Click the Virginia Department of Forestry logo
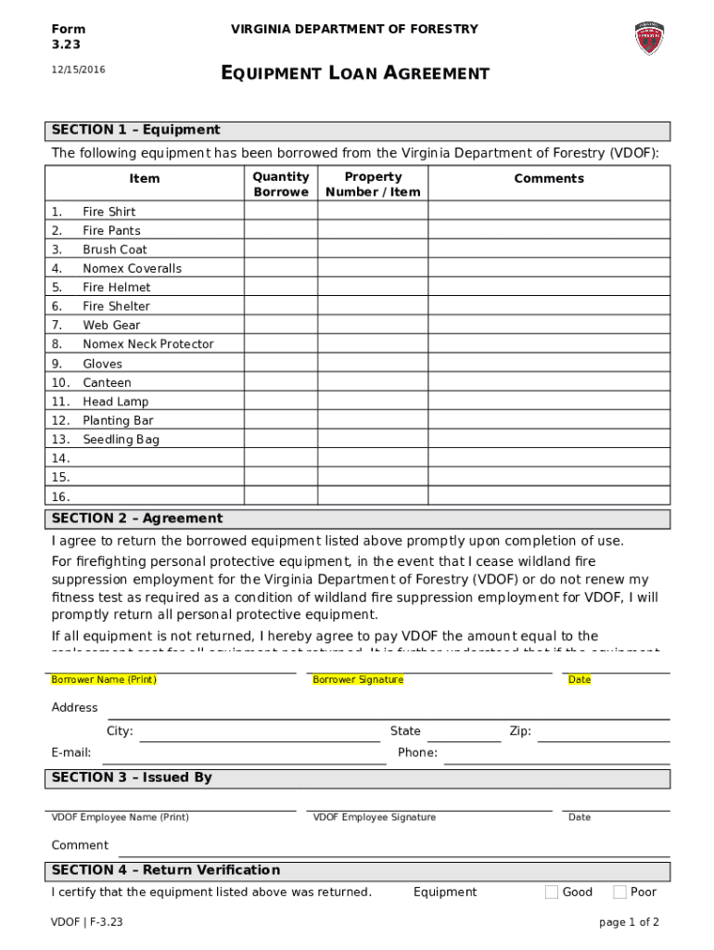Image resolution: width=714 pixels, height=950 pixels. click(x=649, y=38)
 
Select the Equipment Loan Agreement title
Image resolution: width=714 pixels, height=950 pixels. click(x=355, y=73)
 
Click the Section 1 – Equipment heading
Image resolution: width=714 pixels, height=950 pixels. click(x=136, y=130)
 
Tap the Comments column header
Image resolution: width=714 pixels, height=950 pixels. click(x=549, y=178)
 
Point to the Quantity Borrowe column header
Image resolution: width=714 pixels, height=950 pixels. click(x=281, y=184)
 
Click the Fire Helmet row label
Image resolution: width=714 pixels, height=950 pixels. click(x=116, y=287)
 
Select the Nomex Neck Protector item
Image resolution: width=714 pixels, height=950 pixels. click(x=147, y=344)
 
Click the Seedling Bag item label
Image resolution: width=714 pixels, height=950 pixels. click(x=121, y=439)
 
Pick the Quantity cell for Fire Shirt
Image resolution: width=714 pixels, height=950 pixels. click(x=281, y=212)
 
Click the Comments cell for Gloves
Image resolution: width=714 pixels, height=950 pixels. click(x=549, y=364)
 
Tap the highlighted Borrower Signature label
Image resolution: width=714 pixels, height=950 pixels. click(x=358, y=680)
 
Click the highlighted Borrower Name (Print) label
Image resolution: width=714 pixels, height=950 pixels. click(x=104, y=680)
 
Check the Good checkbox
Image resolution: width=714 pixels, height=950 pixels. click(x=552, y=892)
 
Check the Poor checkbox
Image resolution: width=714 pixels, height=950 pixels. click(x=619, y=892)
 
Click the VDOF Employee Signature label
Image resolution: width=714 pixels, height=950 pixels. click(x=374, y=817)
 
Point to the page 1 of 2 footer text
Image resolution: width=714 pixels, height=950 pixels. click(x=630, y=922)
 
